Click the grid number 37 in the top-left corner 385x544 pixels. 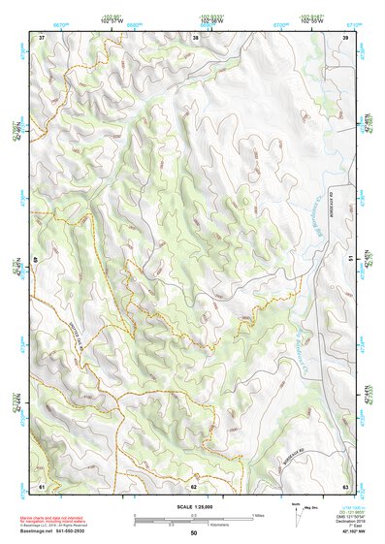click(42, 37)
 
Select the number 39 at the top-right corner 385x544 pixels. click(345, 37)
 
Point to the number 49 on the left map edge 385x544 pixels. click(37, 259)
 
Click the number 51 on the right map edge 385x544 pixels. click(349, 259)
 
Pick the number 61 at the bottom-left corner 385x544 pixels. click(42, 484)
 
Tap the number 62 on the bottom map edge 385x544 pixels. click(194, 484)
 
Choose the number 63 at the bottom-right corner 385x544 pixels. click(345, 484)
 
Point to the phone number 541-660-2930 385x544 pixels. click(88, 530)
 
